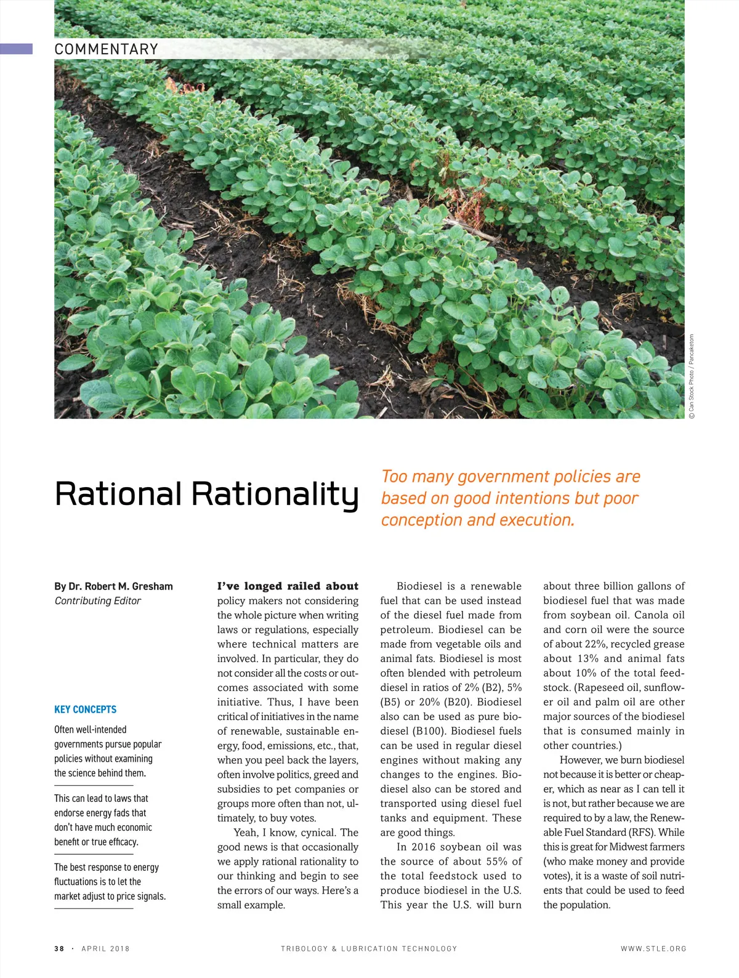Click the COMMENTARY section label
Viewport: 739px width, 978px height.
(107, 49)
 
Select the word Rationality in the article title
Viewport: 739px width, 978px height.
(275, 495)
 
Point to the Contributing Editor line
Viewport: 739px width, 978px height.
(98, 601)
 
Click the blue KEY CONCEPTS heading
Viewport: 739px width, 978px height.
(85, 709)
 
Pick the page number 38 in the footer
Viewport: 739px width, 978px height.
(59, 948)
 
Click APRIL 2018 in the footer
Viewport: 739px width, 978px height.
(105, 948)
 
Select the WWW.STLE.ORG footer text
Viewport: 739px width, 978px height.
(653, 948)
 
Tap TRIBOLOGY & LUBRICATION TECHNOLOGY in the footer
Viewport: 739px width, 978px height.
(369, 948)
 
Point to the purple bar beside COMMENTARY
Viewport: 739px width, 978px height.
(16, 49)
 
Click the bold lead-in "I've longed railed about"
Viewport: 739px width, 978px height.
(288, 586)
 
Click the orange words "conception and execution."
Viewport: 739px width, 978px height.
(477, 520)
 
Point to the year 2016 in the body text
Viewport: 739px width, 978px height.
(423, 847)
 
